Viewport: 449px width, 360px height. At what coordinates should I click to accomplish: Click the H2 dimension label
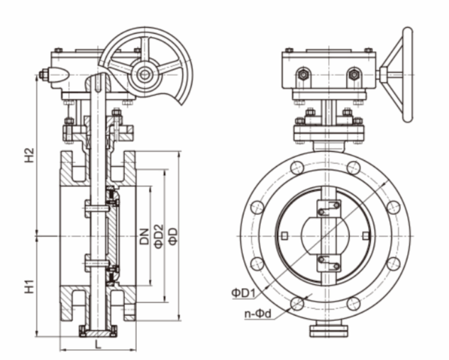point(29,156)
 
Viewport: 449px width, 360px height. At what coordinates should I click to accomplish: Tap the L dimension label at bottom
point(98,345)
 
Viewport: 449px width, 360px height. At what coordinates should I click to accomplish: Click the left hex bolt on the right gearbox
point(303,74)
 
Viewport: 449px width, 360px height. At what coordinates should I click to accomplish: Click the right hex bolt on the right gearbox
point(354,74)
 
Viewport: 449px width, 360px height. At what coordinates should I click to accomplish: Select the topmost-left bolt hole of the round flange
point(297,168)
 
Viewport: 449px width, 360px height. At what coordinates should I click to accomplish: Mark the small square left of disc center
point(285,236)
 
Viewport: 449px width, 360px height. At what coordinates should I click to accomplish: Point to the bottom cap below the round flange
point(328,330)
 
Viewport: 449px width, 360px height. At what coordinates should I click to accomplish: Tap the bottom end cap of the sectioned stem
point(98,332)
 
